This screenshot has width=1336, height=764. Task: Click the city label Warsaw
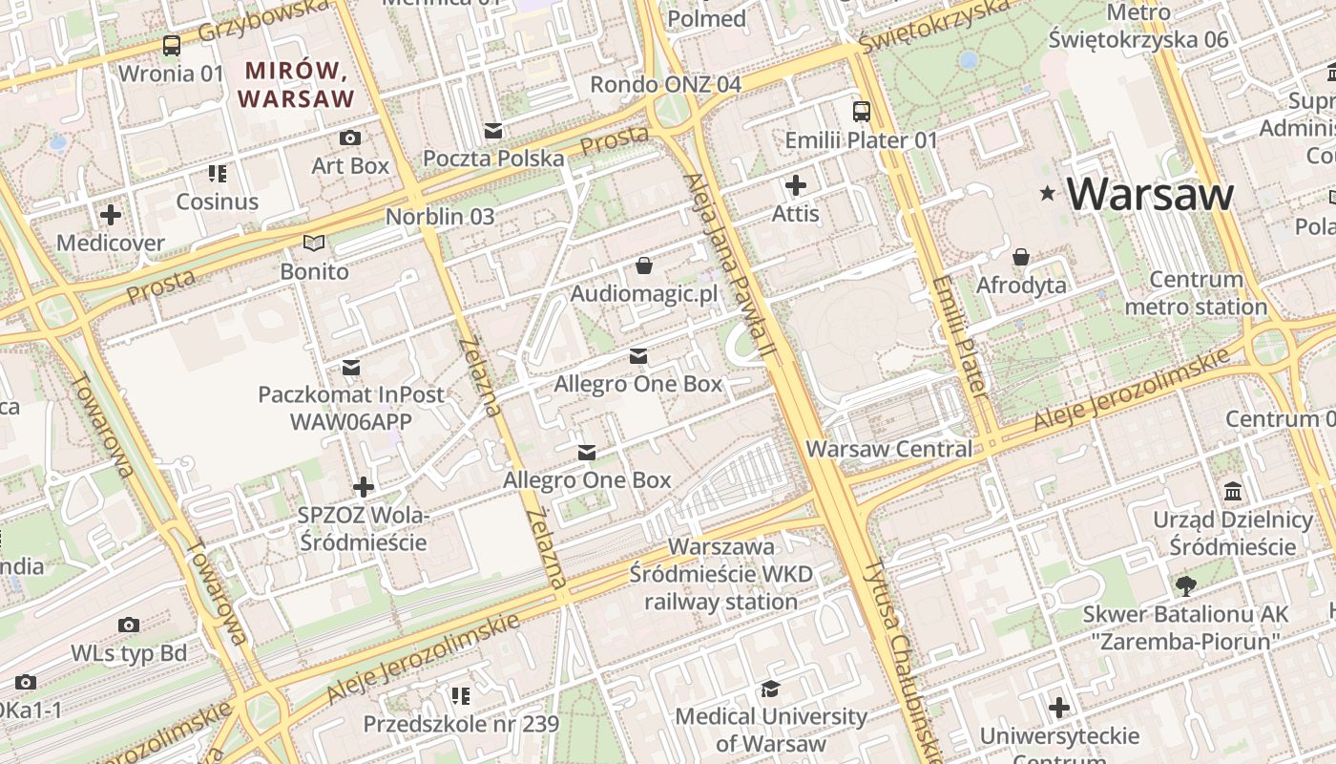[x=1150, y=194]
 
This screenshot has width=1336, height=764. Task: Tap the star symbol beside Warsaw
[x=1048, y=194]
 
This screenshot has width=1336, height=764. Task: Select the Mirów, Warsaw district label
[x=296, y=84]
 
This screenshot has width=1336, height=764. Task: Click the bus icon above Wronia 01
[x=172, y=45]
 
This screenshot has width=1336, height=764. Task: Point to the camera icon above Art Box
[x=350, y=138]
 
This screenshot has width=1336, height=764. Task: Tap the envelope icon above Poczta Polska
[x=493, y=130]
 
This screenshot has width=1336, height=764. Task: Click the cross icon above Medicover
[x=111, y=215]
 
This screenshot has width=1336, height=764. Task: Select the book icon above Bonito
[x=314, y=244]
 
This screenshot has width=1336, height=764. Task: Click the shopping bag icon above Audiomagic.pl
[x=644, y=265]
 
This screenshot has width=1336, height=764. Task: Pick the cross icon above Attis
[x=796, y=185]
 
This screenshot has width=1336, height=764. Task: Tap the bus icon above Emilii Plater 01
[x=862, y=112]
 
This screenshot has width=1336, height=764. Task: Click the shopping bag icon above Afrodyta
[x=1021, y=257]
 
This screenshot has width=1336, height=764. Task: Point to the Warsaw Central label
[x=889, y=449]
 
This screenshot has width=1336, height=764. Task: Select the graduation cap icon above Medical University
[x=769, y=689]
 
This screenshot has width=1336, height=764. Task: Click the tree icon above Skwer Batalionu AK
[x=1185, y=585]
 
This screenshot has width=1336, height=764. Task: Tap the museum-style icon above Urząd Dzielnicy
[x=1233, y=492]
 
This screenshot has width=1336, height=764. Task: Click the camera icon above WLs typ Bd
[x=129, y=626]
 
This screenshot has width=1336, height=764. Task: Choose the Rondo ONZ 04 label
[x=665, y=84]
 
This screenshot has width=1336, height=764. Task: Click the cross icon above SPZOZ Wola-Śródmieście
[x=364, y=487]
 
